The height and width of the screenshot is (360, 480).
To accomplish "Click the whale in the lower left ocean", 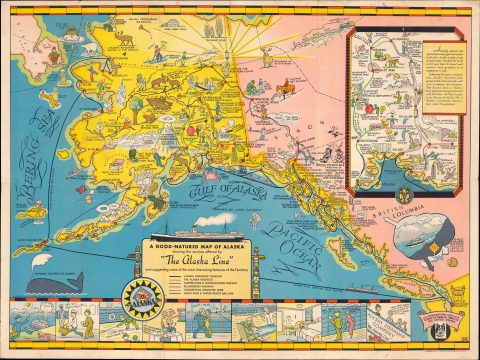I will tap(51, 284).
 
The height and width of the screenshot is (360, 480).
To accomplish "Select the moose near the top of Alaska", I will tap(125, 38).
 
